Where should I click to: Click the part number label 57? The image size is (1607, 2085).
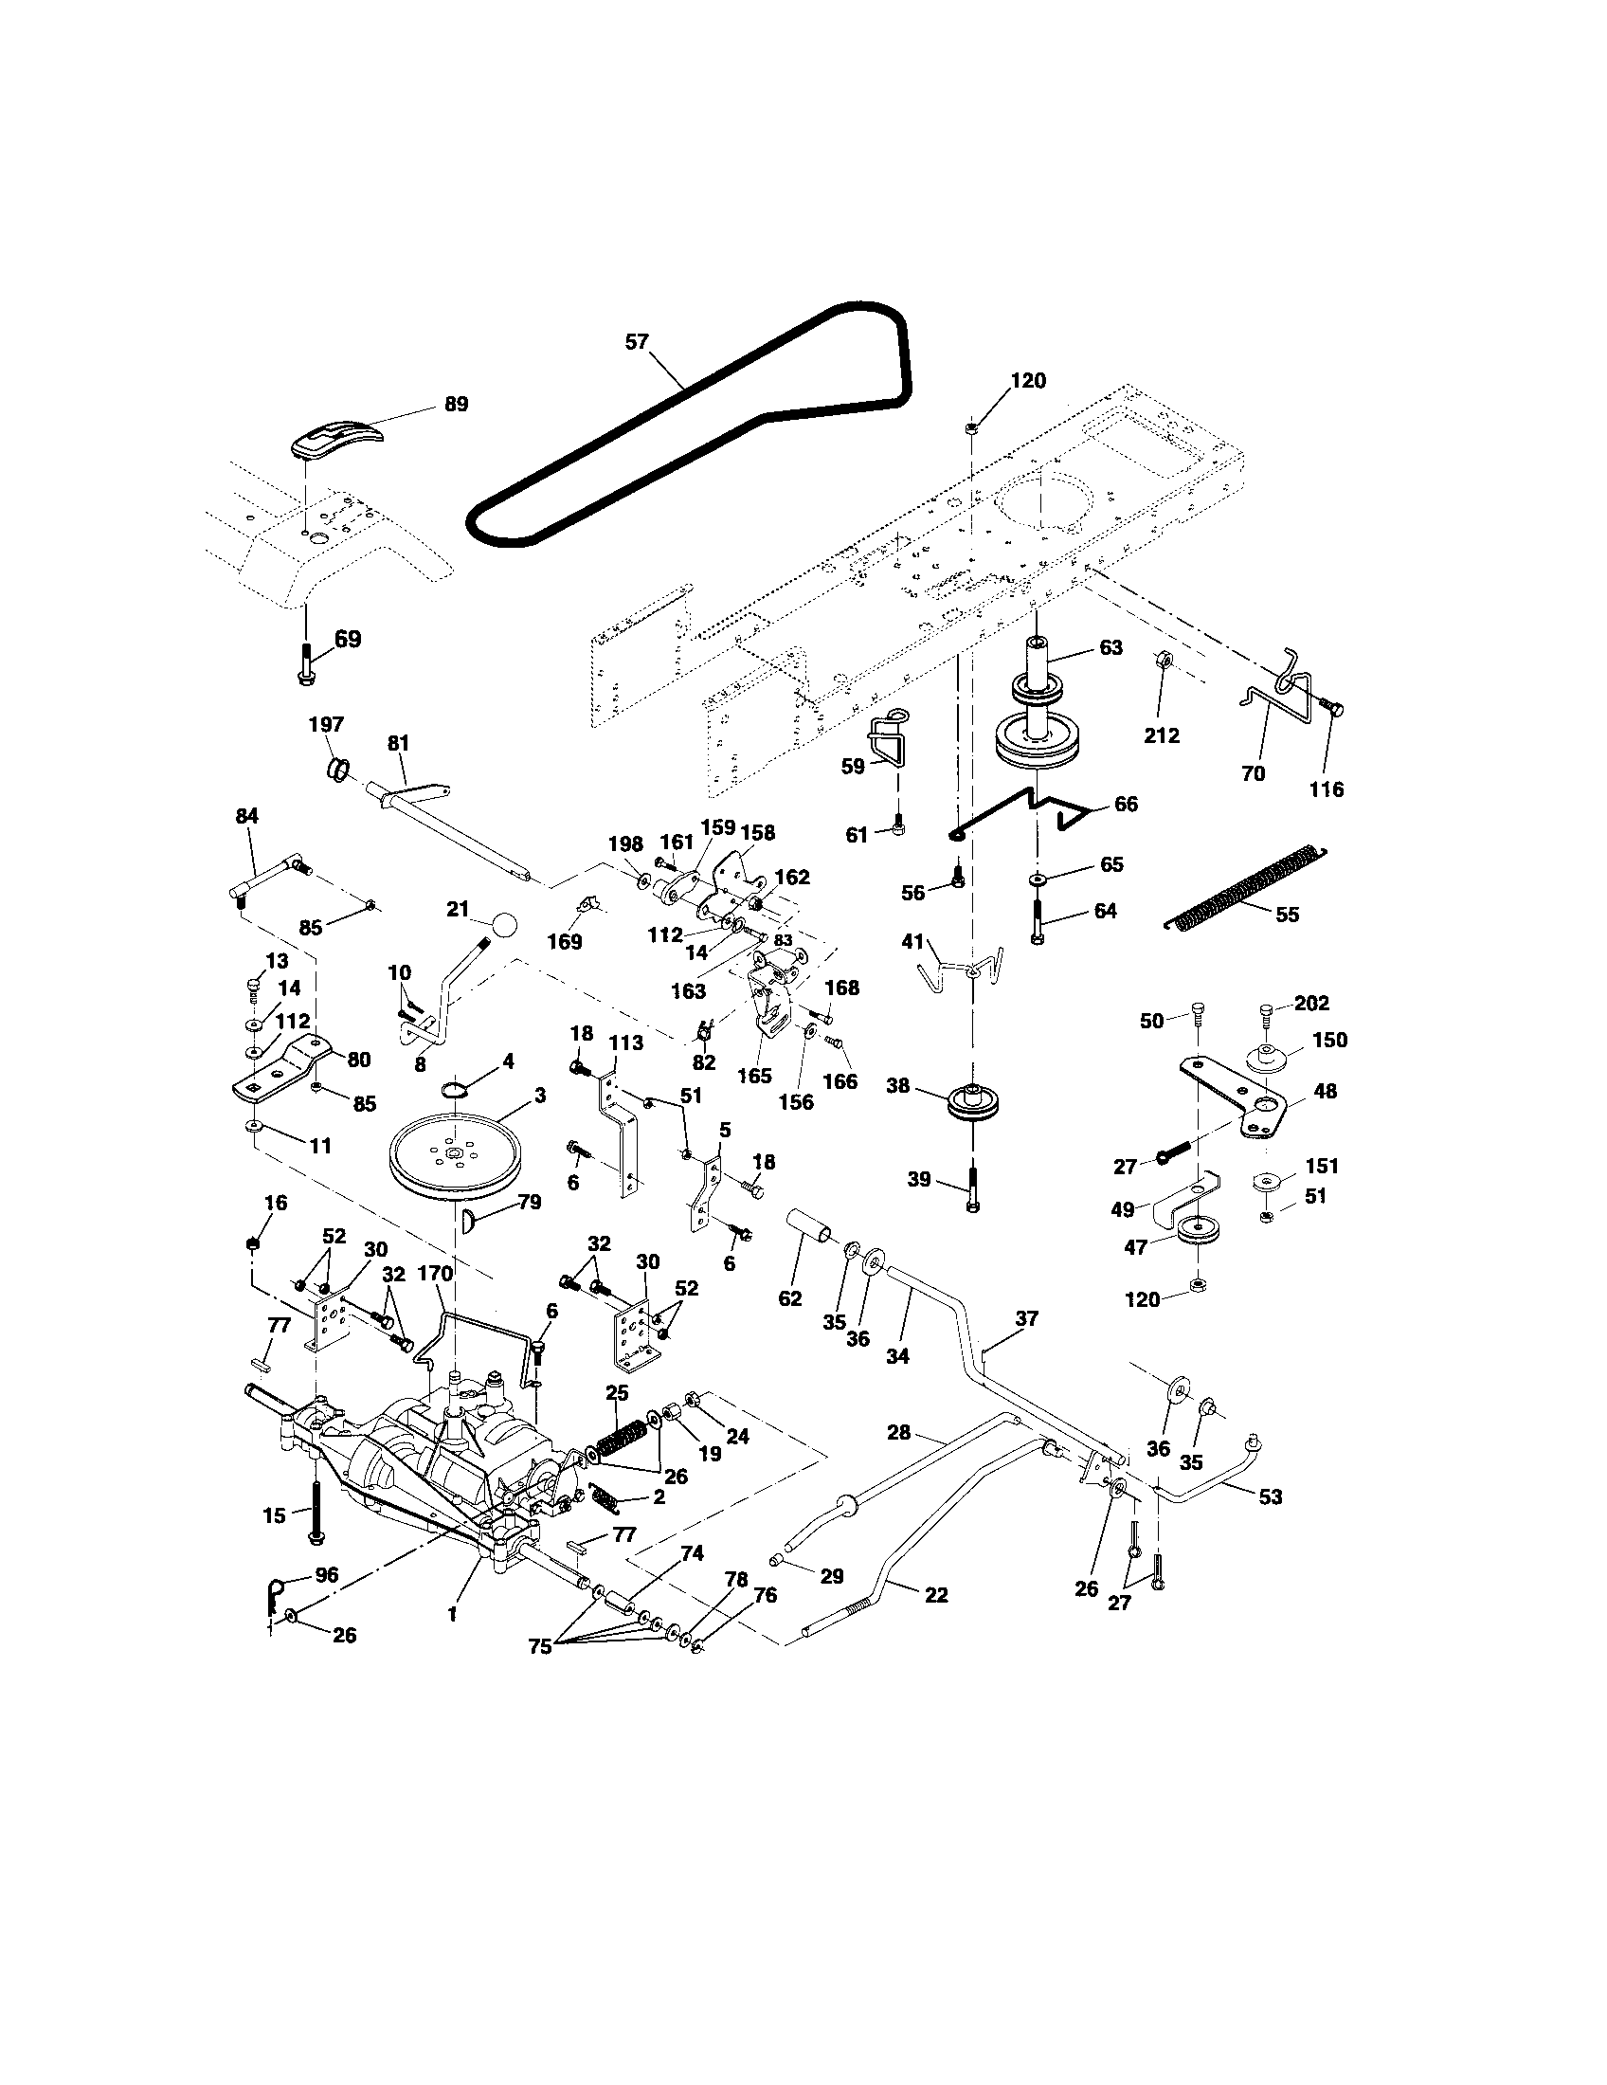click(637, 341)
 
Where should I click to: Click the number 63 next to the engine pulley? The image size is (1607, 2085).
click(1110, 647)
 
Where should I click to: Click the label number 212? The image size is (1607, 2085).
click(1162, 735)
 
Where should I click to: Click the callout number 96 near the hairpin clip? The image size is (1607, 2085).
click(326, 1575)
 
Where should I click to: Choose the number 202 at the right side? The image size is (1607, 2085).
click(1312, 1004)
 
